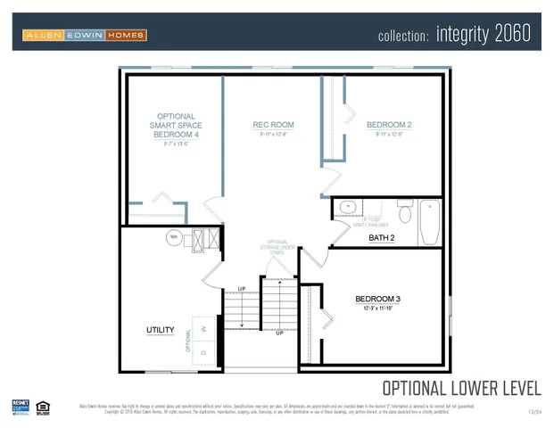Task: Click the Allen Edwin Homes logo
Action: click(x=85, y=35)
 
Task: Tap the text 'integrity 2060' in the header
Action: click(x=483, y=35)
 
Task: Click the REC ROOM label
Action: click(x=273, y=125)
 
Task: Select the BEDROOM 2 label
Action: click(x=389, y=125)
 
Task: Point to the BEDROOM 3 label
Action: click(x=377, y=298)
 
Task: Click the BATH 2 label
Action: click(x=381, y=238)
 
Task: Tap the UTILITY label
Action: click(x=160, y=330)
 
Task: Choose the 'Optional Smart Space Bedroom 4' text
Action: click(x=176, y=126)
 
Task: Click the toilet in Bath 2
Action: click(x=403, y=214)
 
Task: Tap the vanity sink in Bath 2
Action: click(x=348, y=207)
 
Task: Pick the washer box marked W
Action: click(x=205, y=327)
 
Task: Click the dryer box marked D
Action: click(x=205, y=352)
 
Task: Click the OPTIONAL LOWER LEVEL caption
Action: click(x=461, y=388)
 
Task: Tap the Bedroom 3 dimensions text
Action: click(x=377, y=309)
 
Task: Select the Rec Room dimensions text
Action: click(x=273, y=135)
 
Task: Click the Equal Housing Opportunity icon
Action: click(x=43, y=407)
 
